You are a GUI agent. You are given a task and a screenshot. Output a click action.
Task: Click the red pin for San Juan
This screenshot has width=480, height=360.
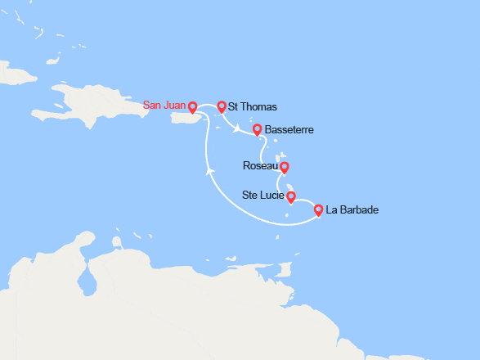[192, 106]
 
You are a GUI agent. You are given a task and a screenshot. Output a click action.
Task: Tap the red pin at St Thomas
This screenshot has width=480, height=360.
[221, 106]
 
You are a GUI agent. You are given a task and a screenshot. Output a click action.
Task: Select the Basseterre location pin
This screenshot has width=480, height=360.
[257, 129]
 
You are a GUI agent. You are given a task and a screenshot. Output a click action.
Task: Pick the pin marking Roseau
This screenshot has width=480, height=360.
[284, 168]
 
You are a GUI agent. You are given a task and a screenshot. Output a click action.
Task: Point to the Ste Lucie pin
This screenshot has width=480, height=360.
[290, 196]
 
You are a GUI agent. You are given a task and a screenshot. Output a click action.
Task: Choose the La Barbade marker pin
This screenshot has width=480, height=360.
[318, 210]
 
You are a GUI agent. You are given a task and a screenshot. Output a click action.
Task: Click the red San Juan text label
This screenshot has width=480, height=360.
[164, 106]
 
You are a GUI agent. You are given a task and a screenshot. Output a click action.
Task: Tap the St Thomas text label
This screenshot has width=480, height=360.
[253, 107]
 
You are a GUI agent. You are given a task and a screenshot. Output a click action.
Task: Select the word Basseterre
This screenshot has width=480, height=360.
[290, 130]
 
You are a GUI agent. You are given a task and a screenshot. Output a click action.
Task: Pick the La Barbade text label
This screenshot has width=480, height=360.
[352, 211]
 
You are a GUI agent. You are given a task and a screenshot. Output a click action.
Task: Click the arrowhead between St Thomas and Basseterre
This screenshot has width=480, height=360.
[236, 128]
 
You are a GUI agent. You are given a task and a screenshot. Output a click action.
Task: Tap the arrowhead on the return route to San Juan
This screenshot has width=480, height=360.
[210, 171]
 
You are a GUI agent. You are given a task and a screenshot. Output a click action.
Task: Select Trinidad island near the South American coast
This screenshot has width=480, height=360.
[284, 269]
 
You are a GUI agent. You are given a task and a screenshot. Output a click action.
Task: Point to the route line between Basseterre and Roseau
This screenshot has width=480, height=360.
[262, 152]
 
